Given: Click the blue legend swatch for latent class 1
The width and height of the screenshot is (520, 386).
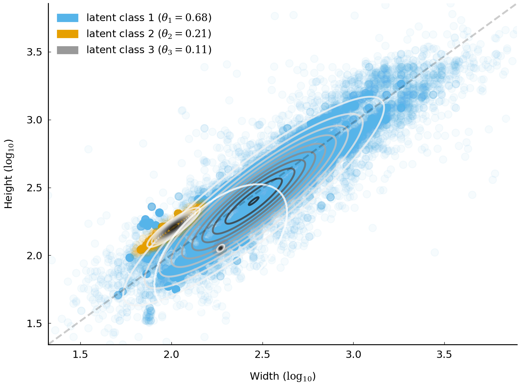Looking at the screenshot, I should coord(68,18).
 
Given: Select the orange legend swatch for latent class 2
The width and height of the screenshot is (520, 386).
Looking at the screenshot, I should coord(68,34).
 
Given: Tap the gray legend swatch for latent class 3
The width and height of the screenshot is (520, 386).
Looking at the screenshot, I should coord(68,50).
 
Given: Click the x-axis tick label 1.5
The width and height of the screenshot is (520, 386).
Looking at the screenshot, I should coord(81,355).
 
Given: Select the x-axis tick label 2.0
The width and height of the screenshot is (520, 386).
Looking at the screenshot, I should coord(171,355).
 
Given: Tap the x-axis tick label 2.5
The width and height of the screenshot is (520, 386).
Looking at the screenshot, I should coord(263,355).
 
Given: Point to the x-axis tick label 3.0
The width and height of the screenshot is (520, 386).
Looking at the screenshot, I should coord(354,355).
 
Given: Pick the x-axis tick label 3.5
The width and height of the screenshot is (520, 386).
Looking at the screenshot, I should coord(444,355).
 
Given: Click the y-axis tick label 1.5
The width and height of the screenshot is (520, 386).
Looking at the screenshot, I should coord(34,323).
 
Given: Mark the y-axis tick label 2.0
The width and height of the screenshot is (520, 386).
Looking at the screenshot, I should coord(34,256).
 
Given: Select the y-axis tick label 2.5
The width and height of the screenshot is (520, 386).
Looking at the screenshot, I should coord(34,188).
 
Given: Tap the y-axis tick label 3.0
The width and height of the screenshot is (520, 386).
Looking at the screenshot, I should coord(34,120).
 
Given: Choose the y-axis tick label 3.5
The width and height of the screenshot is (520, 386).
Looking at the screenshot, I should coord(34,52).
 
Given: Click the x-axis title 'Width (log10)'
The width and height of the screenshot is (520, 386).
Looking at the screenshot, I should coord(283,376).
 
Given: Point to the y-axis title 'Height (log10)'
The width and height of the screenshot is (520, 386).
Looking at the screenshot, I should coord(9,174).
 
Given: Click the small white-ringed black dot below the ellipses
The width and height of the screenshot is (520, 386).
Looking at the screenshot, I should coord(220,248).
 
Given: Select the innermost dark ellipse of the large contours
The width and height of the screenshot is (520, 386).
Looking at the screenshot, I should coord(253,201).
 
